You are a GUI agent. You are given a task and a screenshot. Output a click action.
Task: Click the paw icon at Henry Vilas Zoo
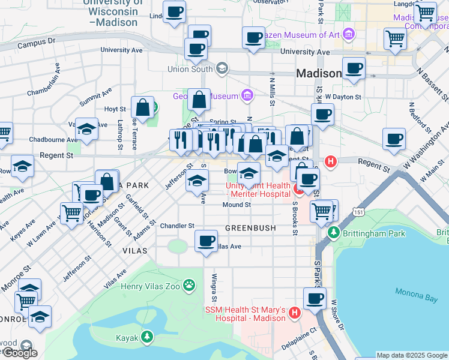190,285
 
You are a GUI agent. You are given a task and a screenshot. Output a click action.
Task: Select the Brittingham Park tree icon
334,232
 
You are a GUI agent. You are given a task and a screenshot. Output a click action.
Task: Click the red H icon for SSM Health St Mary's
295,313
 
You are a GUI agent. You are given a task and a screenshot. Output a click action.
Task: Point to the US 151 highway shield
358,212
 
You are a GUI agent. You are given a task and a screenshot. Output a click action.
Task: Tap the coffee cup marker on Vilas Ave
206,241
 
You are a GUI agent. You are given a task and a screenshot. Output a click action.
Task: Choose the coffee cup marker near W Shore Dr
314,298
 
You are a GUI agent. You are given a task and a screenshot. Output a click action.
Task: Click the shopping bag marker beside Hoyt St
143,108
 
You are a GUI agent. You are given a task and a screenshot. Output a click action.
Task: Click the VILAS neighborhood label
135,250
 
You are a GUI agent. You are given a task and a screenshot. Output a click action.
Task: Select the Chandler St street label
178,226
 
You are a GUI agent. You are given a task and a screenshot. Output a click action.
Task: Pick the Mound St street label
237,205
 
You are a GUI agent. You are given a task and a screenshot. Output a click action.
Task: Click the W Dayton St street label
343,96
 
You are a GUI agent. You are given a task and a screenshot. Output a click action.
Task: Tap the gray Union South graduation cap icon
222,68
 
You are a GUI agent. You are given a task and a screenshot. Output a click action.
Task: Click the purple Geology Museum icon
246,95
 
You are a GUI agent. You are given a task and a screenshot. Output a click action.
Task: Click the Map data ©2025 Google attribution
411,355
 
